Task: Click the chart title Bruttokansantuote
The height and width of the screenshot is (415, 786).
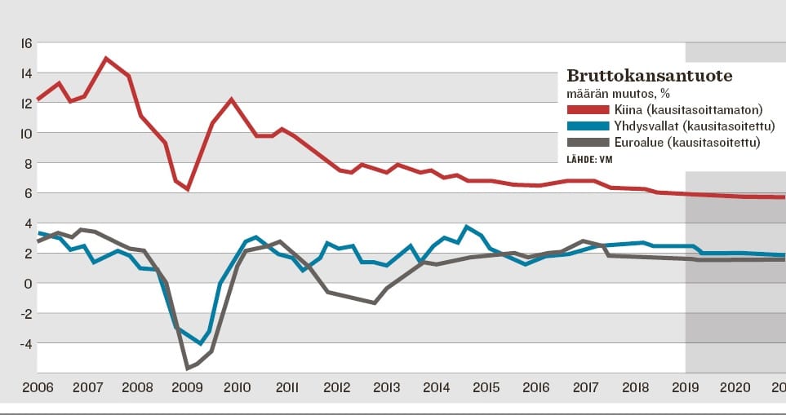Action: click(650, 76)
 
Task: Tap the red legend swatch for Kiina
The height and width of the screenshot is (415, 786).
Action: click(588, 109)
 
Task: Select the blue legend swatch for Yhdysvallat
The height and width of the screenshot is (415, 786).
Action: click(588, 126)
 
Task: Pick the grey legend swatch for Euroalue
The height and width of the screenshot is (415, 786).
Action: click(588, 142)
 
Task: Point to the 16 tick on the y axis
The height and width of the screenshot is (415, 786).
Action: click(26, 42)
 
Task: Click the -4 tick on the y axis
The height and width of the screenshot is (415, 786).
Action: click(26, 343)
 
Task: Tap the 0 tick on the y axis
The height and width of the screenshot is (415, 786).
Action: click(28, 283)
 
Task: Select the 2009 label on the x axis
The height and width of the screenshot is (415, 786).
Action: click(188, 387)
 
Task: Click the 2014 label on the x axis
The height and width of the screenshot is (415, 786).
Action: click(437, 387)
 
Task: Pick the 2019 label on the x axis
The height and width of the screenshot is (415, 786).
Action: click(685, 387)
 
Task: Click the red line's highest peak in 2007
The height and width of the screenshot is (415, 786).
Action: click(106, 58)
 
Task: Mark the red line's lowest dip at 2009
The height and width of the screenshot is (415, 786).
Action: click(188, 189)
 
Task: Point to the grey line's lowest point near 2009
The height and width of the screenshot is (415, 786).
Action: click(188, 368)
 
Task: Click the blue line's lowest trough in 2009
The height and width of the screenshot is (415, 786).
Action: click(200, 344)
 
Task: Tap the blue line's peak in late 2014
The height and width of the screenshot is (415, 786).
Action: click(467, 227)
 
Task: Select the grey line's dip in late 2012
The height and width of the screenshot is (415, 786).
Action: click(375, 302)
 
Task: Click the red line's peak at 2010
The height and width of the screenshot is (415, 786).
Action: click(231, 99)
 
